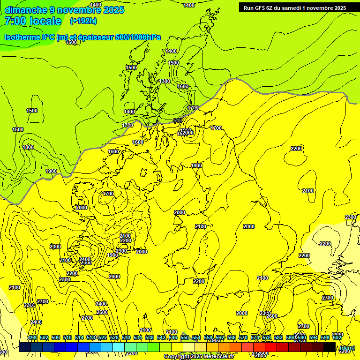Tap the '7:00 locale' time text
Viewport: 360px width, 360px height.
point(32,21)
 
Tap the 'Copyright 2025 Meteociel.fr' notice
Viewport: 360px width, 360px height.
point(199,357)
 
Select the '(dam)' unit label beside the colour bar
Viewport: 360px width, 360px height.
point(346,347)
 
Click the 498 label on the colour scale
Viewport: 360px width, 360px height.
point(32,338)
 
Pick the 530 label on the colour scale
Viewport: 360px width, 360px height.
point(126,338)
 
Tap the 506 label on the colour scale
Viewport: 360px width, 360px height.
point(56,338)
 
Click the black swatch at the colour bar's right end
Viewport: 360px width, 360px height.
point(330,347)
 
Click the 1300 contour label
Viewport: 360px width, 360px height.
point(165,81)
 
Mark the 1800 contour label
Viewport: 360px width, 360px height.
point(28,147)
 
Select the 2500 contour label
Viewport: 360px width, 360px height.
point(102,312)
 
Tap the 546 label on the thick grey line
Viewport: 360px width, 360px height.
point(178,120)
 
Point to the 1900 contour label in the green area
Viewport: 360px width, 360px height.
point(51,171)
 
